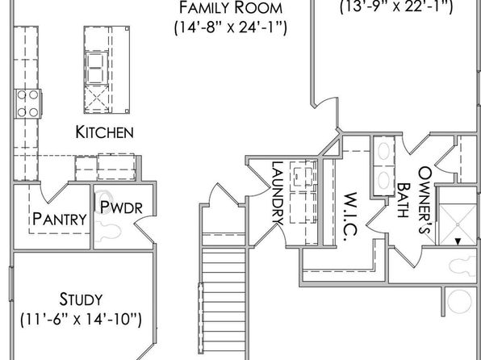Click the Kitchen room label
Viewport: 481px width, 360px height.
coord(105,132)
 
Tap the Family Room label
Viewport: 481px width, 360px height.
coord(231,8)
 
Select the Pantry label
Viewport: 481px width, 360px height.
coord(60,219)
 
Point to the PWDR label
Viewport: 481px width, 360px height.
coord(122,207)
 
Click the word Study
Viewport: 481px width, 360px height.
coord(81,299)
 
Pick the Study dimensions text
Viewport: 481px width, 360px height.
coord(81,320)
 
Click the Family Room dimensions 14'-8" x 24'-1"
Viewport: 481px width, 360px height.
coord(231,28)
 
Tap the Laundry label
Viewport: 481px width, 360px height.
coord(278,194)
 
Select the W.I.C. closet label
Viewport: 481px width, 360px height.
coord(350,216)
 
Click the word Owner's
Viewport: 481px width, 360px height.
coord(425,200)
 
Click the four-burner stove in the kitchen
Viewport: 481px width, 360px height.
coord(28,104)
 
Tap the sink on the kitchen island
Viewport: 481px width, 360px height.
coord(97,68)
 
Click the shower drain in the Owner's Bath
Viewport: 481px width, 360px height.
coord(458,224)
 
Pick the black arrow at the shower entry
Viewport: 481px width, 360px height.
coord(458,242)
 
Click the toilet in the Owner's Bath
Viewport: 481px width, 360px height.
coord(462,266)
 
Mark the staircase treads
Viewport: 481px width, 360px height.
coord(224,300)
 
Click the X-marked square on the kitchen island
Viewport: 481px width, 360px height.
coord(97,98)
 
